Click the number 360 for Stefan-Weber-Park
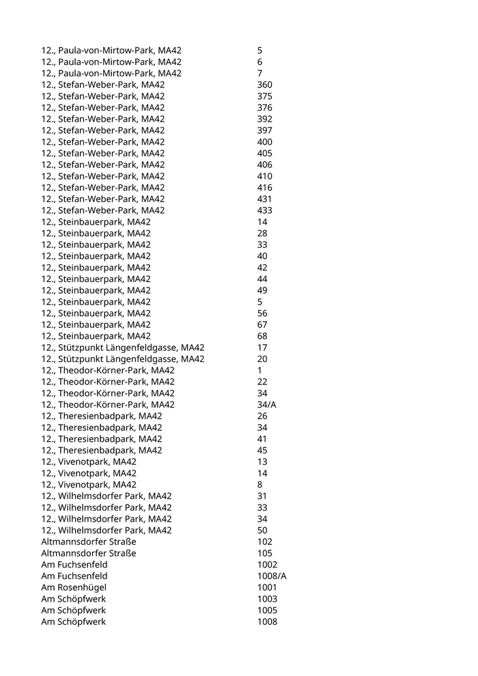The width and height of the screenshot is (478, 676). tap(264, 85)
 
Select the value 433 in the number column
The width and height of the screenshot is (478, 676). tap(264, 210)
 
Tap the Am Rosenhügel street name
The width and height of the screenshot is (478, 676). tap(74, 587)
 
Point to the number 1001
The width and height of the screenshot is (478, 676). tap(267, 587)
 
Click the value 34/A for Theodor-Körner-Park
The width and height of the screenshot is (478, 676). tap(266, 404)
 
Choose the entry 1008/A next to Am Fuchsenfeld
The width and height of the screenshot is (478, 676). tap(272, 576)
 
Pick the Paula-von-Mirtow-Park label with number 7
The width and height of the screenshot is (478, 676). tap(111, 73)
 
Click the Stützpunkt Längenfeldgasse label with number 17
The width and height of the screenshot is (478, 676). tap(123, 348)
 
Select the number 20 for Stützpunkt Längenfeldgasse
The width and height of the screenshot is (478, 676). tap(262, 359)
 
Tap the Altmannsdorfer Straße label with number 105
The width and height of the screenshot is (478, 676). tap(89, 553)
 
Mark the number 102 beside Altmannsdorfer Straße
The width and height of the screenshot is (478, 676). tap(264, 541)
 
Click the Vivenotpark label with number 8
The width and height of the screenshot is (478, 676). tap(89, 484)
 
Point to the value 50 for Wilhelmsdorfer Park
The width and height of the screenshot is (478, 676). tap(262, 530)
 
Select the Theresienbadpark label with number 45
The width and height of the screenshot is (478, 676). tap(102, 450)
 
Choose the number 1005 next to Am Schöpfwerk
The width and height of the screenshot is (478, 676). tap(267, 610)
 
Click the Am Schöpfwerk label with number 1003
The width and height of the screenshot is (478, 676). tap(74, 599)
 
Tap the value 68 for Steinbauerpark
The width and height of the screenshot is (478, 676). tap(262, 336)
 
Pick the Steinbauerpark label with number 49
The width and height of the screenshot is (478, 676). tap(96, 290)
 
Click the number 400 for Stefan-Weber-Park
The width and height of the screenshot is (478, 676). tap(264, 141)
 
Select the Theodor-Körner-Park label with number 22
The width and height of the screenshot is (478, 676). tap(108, 382)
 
